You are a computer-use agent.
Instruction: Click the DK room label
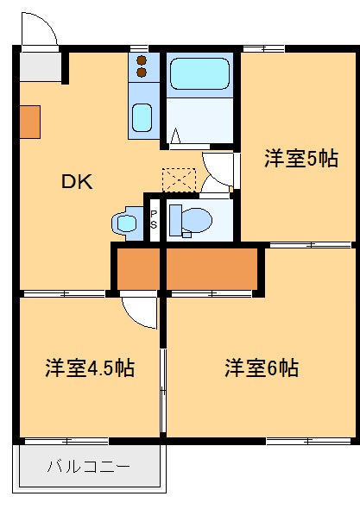[x=76, y=182]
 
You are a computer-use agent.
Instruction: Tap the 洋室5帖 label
[x=301, y=158]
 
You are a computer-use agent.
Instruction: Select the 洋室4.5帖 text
[x=90, y=368]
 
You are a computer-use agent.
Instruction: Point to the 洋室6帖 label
[x=262, y=368]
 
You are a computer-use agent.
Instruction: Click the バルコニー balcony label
[x=88, y=468]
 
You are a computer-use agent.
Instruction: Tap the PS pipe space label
[x=154, y=219]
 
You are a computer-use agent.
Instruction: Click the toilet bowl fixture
[x=191, y=220]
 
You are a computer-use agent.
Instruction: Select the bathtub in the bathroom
[x=199, y=75]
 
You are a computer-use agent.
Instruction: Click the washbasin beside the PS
[x=126, y=223]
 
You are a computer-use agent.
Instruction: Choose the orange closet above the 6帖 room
[x=212, y=268]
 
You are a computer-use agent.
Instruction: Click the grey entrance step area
[x=40, y=65]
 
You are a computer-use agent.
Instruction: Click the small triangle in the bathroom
[x=175, y=136]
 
